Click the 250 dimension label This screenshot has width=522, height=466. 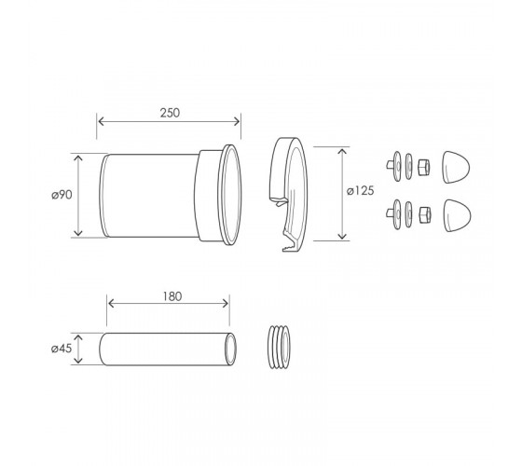(170, 113)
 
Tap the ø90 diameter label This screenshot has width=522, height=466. (62, 195)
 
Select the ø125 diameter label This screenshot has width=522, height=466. (360, 191)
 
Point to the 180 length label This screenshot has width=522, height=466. (172, 296)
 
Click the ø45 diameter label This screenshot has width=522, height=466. (62, 349)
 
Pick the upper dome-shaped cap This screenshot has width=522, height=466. (456, 167)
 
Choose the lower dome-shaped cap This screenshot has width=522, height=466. (457, 215)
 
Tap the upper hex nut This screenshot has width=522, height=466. (423, 167)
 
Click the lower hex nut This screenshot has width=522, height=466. (425, 215)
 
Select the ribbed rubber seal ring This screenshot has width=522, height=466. (279, 347)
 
